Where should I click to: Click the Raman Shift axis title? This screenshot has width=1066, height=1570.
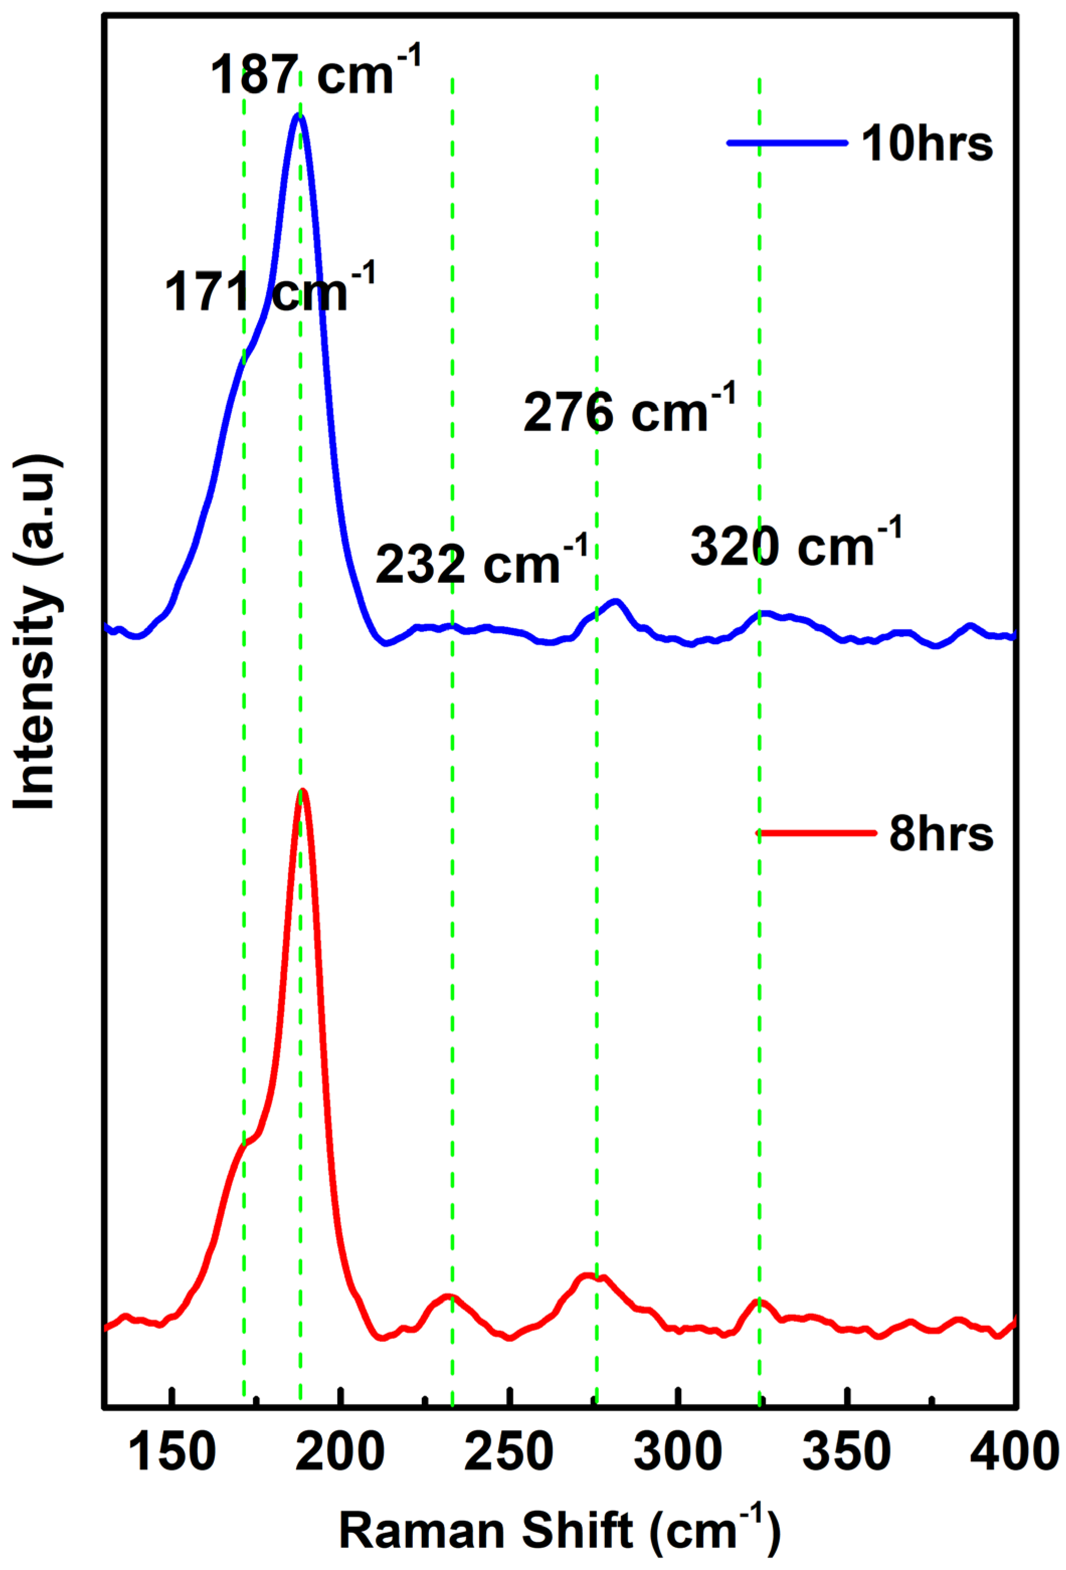tap(559, 1529)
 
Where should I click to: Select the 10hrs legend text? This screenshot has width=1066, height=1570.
tap(926, 143)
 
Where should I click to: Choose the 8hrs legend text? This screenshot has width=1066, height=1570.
tap(940, 834)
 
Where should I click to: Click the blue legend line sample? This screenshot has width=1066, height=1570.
tap(787, 142)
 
